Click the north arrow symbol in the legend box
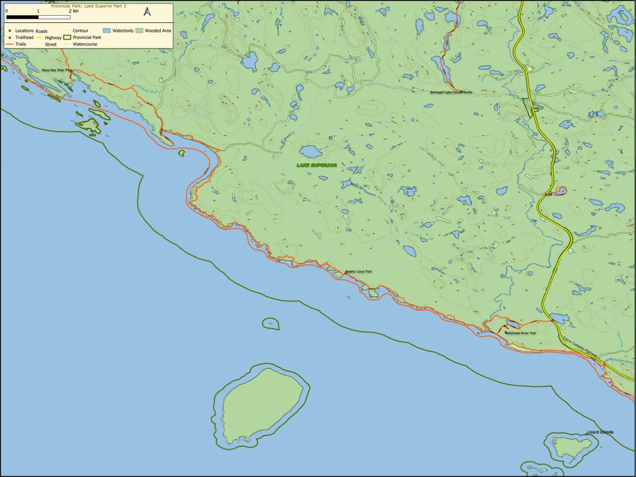(147, 12)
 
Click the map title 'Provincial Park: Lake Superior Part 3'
(89, 5)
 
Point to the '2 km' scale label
(74, 11)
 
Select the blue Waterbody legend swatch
(108, 31)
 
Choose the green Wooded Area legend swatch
(139, 31)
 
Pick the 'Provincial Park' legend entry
(87, 37)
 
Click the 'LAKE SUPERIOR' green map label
(316, 165)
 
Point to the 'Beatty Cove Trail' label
(359, 271)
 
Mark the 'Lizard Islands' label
(600, 432)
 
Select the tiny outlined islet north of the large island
(270, 324)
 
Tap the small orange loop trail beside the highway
(560, 190)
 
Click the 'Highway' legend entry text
(53, 37)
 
